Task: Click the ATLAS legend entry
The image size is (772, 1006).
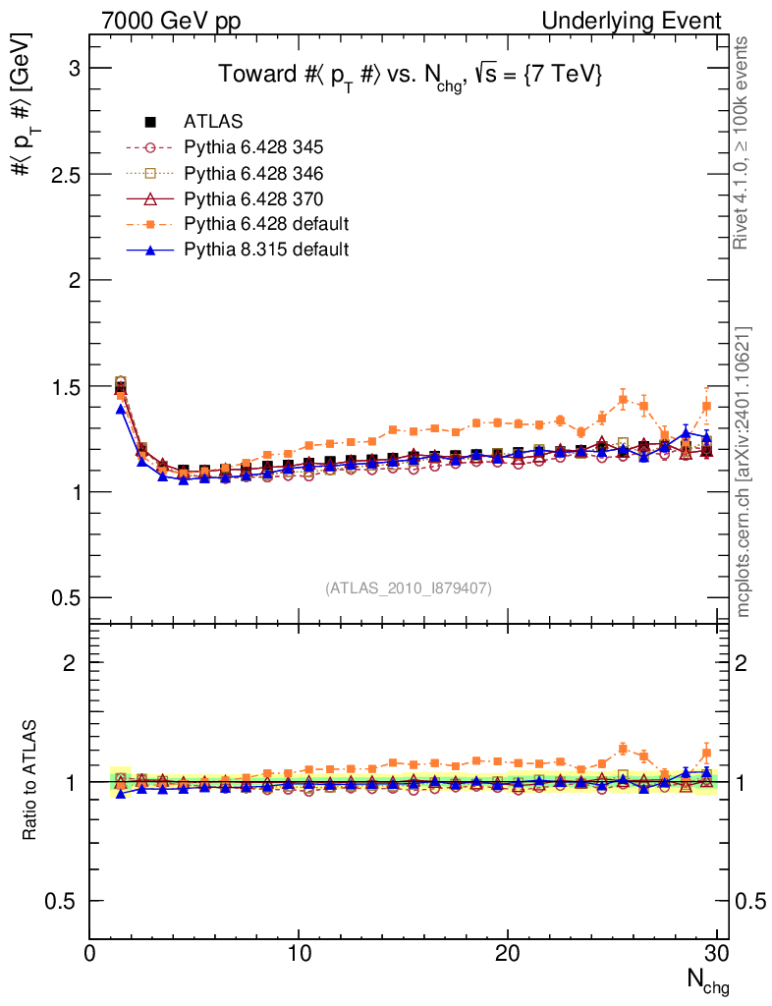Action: [213, 122]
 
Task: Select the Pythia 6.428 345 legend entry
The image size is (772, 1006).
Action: [253, 147]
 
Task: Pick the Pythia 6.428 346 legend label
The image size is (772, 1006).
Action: [253, 173]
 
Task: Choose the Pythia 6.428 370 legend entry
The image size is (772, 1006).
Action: [253, 198]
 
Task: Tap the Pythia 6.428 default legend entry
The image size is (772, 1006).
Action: [265, 224]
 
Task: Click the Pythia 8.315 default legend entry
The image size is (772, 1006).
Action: [265, 250]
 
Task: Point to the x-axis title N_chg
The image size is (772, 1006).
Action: [705, 981]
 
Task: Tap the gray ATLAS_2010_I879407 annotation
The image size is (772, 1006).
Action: [409, 587]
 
